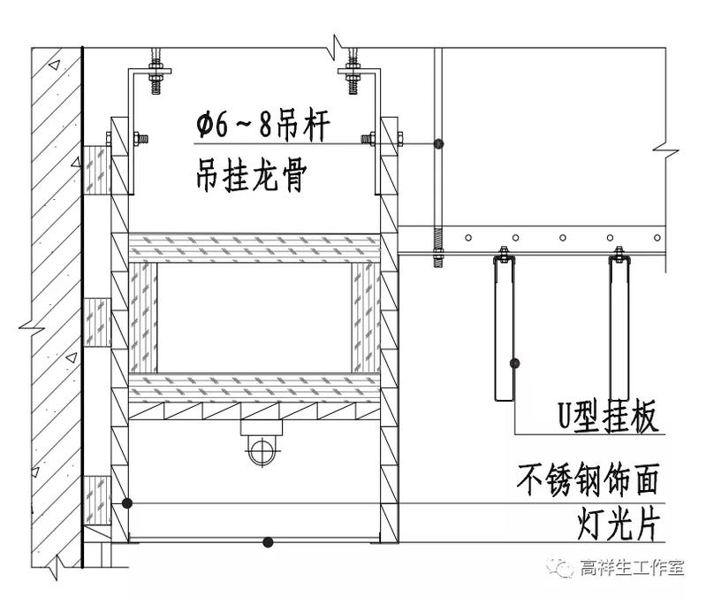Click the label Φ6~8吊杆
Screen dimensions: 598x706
[262, 126]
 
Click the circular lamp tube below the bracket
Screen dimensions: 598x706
[260, 450]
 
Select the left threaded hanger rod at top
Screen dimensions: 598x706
[156, 66]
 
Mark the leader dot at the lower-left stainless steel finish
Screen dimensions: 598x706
[127, 503]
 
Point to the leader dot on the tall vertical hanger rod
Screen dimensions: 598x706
[438, 143]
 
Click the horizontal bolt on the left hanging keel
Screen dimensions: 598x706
[139, 138]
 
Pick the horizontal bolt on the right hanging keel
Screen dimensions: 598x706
[369, 138]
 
